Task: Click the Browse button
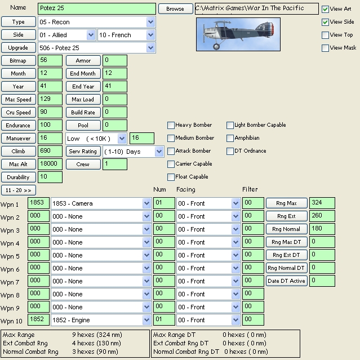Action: coord(175,9)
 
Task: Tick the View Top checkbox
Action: coord(325,35)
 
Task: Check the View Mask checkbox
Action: coord(325,48)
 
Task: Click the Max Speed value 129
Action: coord(50,100)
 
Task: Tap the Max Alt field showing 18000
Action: coord(50,165)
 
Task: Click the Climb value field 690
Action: coord(50,152)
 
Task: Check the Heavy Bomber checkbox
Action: coord(171,125)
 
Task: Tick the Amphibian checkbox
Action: coord(230,138)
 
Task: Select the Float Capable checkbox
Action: coord(171,177)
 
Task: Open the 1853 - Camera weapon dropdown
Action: coord(101,203)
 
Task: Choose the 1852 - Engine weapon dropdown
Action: coord(101,320)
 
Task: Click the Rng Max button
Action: coord(287,203)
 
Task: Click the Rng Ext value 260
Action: coord(322,216)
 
